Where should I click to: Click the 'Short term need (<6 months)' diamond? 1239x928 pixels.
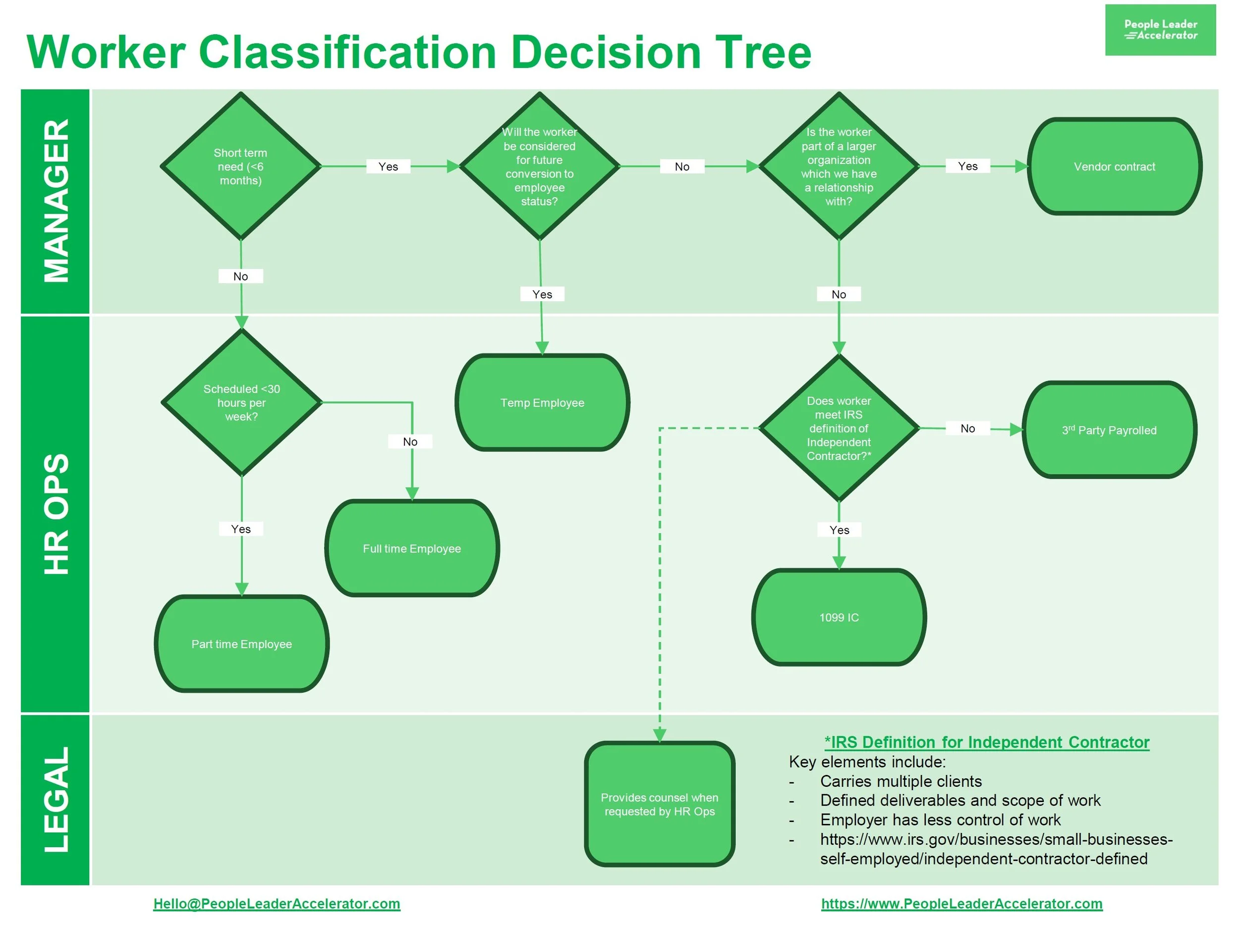click(x=240, y=166)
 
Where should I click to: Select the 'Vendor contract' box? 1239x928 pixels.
click(x=1114, y=166)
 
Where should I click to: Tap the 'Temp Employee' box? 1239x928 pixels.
click(x=542, y=403)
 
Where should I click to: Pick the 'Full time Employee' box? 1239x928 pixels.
click(x=412, y=548)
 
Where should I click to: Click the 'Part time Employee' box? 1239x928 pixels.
click(x=241, y=644)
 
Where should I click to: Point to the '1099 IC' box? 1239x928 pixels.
click(x=839, y=617)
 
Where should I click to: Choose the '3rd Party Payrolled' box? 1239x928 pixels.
click(x=1109, y=430)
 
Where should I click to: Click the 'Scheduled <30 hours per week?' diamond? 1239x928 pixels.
click(x=241, y=402)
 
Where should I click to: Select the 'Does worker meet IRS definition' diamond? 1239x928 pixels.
click(x=839, y=428)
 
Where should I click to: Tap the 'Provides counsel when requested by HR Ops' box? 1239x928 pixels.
click(x=659, y=804)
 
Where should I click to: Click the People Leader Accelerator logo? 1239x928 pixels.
click(x=1160, y=30)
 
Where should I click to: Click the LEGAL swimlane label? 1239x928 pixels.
click(x=56, y=799)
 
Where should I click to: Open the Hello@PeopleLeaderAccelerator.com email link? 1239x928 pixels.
click(x=277, y=903)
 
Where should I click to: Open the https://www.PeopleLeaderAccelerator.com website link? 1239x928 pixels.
click(x=961, y=903)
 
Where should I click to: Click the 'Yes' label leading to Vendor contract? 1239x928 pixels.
click(x=967, y=166)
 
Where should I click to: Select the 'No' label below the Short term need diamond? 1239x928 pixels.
click(x=240, y=276)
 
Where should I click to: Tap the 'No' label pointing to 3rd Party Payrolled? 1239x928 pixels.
click(x=967, y=429)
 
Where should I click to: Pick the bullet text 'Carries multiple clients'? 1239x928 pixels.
click(x=901, y=781)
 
